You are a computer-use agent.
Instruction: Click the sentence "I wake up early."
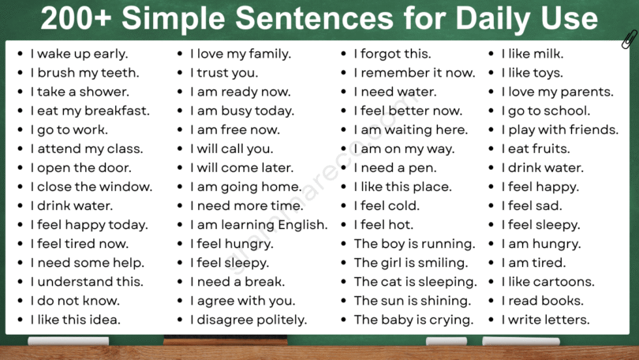pyautogui.click(x=79, y=54)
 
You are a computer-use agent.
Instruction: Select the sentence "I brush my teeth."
pyautogui.click(x=84, y=73)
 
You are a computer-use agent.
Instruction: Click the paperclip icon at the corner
pyautogui.click(x=629, y=39)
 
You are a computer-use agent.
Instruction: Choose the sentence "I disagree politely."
pyautogui.click(x=248, y=320)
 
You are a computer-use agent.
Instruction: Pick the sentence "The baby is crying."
pyautogui.click(x=413, y=320)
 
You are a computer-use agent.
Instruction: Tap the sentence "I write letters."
pyautogui.click(x=545, y=320)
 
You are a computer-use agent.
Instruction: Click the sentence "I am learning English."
pyautogui.click(x=259, y=225)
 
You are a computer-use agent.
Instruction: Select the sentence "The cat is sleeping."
pyautogui.click(x=415, y=282)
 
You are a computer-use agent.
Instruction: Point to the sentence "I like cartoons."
pyautogui.click(x=548, y=282)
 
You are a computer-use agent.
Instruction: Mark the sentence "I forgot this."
pyautogui.click(x=392, y=54)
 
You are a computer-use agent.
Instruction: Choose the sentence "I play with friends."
pyautogui.click(x=560, y=130)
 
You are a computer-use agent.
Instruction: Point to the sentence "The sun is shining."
pyautogui.click(x=412, y=301)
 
